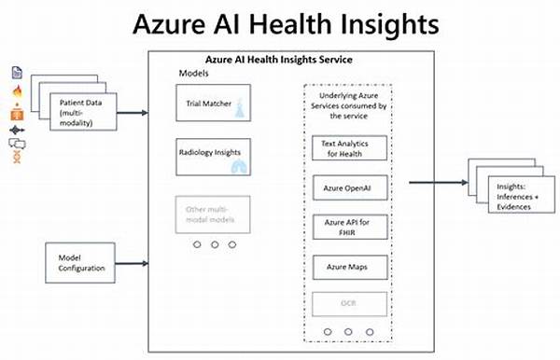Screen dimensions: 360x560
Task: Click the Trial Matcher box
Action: pos(209,104)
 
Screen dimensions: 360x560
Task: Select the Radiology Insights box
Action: pos(209,155)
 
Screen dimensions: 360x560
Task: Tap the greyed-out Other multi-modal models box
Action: pos(209,214)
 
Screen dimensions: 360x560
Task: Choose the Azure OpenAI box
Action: pos(347,188)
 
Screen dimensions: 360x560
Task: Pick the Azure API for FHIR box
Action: pos(347,228)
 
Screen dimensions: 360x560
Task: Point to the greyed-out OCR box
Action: pos(347,304)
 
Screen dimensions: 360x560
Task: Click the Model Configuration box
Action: pos(83,263)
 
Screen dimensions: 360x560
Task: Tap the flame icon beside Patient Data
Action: pos(17,91)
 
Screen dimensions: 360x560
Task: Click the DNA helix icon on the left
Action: pos(17,157)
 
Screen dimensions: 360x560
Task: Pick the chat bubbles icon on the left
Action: pos(17,143)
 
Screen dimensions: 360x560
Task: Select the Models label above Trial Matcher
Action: pos(194,73)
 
